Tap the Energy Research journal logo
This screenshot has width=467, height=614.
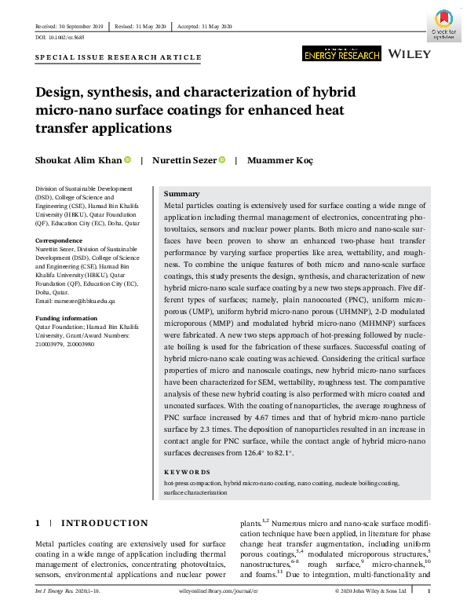pyautogui.click(x=341, y=53)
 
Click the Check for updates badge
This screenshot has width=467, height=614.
pyautogui.click(x=443, y=24)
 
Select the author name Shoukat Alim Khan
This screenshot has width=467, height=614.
pyautogui.click(x=78, y=160)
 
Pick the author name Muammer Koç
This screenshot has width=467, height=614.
pyautogui.click(x=280, y=160)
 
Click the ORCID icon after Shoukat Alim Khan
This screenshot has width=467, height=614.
pyautogui.click(x=128, y=160)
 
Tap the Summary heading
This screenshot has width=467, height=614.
pyautogui.click(x=181, y=194)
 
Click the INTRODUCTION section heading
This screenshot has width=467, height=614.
pyautogui.click(x=104, y=523)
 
